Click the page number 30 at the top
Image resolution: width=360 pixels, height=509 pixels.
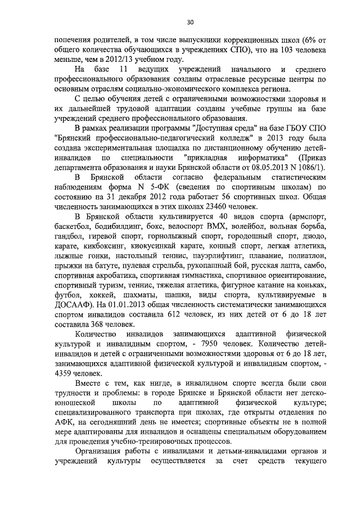pos(191,22)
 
